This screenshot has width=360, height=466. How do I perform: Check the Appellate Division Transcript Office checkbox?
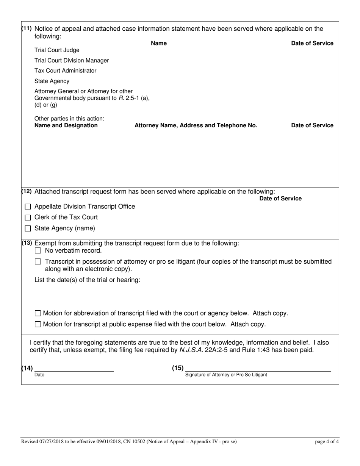(28, 207)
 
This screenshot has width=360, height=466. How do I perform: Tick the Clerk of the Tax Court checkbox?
(28, 218)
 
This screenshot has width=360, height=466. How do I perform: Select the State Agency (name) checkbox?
(28, 229)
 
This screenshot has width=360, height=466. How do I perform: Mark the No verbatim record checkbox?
(38, 251)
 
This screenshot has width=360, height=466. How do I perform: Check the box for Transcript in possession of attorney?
(38, 262)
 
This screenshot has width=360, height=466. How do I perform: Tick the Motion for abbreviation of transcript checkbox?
(38, 313)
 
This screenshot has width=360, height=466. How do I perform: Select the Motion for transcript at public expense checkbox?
(38, 324)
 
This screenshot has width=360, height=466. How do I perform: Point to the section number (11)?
(27, 29)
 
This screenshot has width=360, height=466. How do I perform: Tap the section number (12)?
(27, 191)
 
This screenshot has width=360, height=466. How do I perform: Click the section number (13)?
(27, 243)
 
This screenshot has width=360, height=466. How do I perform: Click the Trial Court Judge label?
(57, 50)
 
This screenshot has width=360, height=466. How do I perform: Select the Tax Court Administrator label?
(65, 71)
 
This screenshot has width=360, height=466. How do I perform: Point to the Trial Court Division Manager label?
(72, 61)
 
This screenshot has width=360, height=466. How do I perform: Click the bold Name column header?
(159, 43)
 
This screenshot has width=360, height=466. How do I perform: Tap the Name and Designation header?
(66, 125)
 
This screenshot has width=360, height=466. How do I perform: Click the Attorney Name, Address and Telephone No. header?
(196, 125)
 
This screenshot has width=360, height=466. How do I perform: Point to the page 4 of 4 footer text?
(327, 441)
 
